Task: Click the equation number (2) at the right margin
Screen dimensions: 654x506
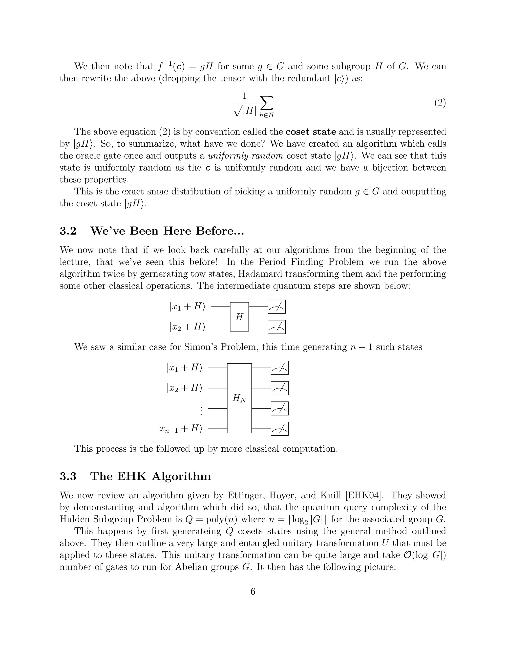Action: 440,103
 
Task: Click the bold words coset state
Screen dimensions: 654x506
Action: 311,132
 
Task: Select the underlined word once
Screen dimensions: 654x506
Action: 133,156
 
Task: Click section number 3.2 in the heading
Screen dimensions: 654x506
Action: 68,231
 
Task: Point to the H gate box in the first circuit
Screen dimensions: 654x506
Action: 239,317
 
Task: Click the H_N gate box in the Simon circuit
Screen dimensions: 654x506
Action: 239,398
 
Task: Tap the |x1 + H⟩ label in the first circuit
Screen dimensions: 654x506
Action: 187,307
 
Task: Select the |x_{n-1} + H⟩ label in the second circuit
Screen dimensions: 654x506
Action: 180,429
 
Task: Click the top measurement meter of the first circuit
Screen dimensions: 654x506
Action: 276,307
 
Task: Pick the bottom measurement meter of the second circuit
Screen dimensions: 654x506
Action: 279,429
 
